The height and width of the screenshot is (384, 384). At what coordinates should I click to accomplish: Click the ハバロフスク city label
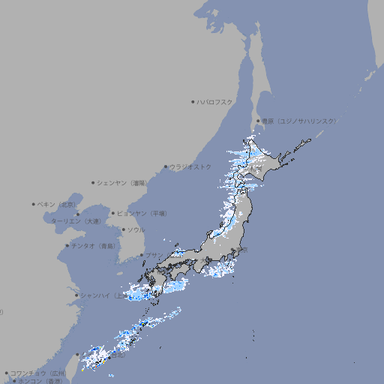pos(215,102)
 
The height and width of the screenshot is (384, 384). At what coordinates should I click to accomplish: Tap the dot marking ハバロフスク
pos(193,102)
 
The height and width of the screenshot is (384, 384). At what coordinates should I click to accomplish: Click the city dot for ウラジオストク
pos(166,167)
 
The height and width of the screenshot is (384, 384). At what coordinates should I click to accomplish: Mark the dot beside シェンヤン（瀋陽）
pos(93,182)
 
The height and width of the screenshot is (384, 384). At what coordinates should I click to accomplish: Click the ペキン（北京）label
pos(58,204)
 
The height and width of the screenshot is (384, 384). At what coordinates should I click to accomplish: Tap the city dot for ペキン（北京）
pos(34,204)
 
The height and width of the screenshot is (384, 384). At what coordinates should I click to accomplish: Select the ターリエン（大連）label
pos(76,221)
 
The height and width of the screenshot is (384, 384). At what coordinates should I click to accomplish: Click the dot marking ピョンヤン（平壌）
pos(113,213)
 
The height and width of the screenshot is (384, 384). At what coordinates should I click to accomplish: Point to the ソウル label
pos(136,229)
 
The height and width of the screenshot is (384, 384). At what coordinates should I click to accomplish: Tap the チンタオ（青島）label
pos(94,245)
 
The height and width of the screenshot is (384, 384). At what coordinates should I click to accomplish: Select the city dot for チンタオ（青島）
pos(67,245)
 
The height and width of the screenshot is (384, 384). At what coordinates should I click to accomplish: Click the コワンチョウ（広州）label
pos(38,373)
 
